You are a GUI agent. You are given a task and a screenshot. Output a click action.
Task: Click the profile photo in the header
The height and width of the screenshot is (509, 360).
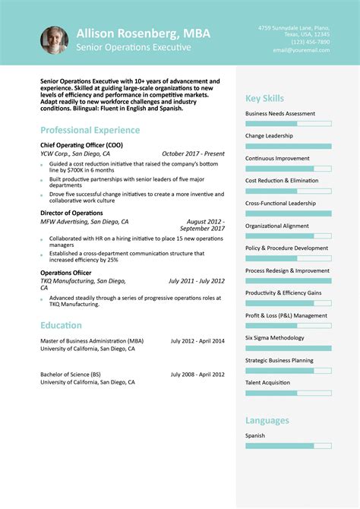tap(53, 40)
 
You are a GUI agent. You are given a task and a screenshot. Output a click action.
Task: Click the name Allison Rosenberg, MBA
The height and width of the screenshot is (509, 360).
tap(144, 33)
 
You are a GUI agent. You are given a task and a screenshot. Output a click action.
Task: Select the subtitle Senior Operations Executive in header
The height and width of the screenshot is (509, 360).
tap(134, 48)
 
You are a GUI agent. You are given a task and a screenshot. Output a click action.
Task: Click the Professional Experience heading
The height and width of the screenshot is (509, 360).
tap(90, 130)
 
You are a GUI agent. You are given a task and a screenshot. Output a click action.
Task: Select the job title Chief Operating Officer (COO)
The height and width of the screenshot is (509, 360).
tap(81, 145)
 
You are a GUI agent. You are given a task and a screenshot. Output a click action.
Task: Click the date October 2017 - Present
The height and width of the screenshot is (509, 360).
tap(193, 153)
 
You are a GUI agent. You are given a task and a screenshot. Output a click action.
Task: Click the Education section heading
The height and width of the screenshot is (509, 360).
tap(62, 325)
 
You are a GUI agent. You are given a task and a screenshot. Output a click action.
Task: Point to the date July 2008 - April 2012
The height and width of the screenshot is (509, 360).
tap(197, 375)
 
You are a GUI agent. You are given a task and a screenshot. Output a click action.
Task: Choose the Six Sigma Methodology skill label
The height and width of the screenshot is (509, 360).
tap(274, 337)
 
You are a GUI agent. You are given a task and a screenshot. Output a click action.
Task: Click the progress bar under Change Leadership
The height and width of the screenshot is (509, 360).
tap(288, 146)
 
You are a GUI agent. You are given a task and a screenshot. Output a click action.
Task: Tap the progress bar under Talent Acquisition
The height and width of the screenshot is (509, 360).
tap(288, 393)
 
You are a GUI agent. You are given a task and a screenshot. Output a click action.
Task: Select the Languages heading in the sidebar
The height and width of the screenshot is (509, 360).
tap(267, 420)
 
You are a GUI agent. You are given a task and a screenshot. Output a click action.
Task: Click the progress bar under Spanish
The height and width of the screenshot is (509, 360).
tap(288, 445)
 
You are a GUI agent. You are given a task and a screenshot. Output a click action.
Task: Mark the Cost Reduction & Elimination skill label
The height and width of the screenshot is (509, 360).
tap(282, 181)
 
